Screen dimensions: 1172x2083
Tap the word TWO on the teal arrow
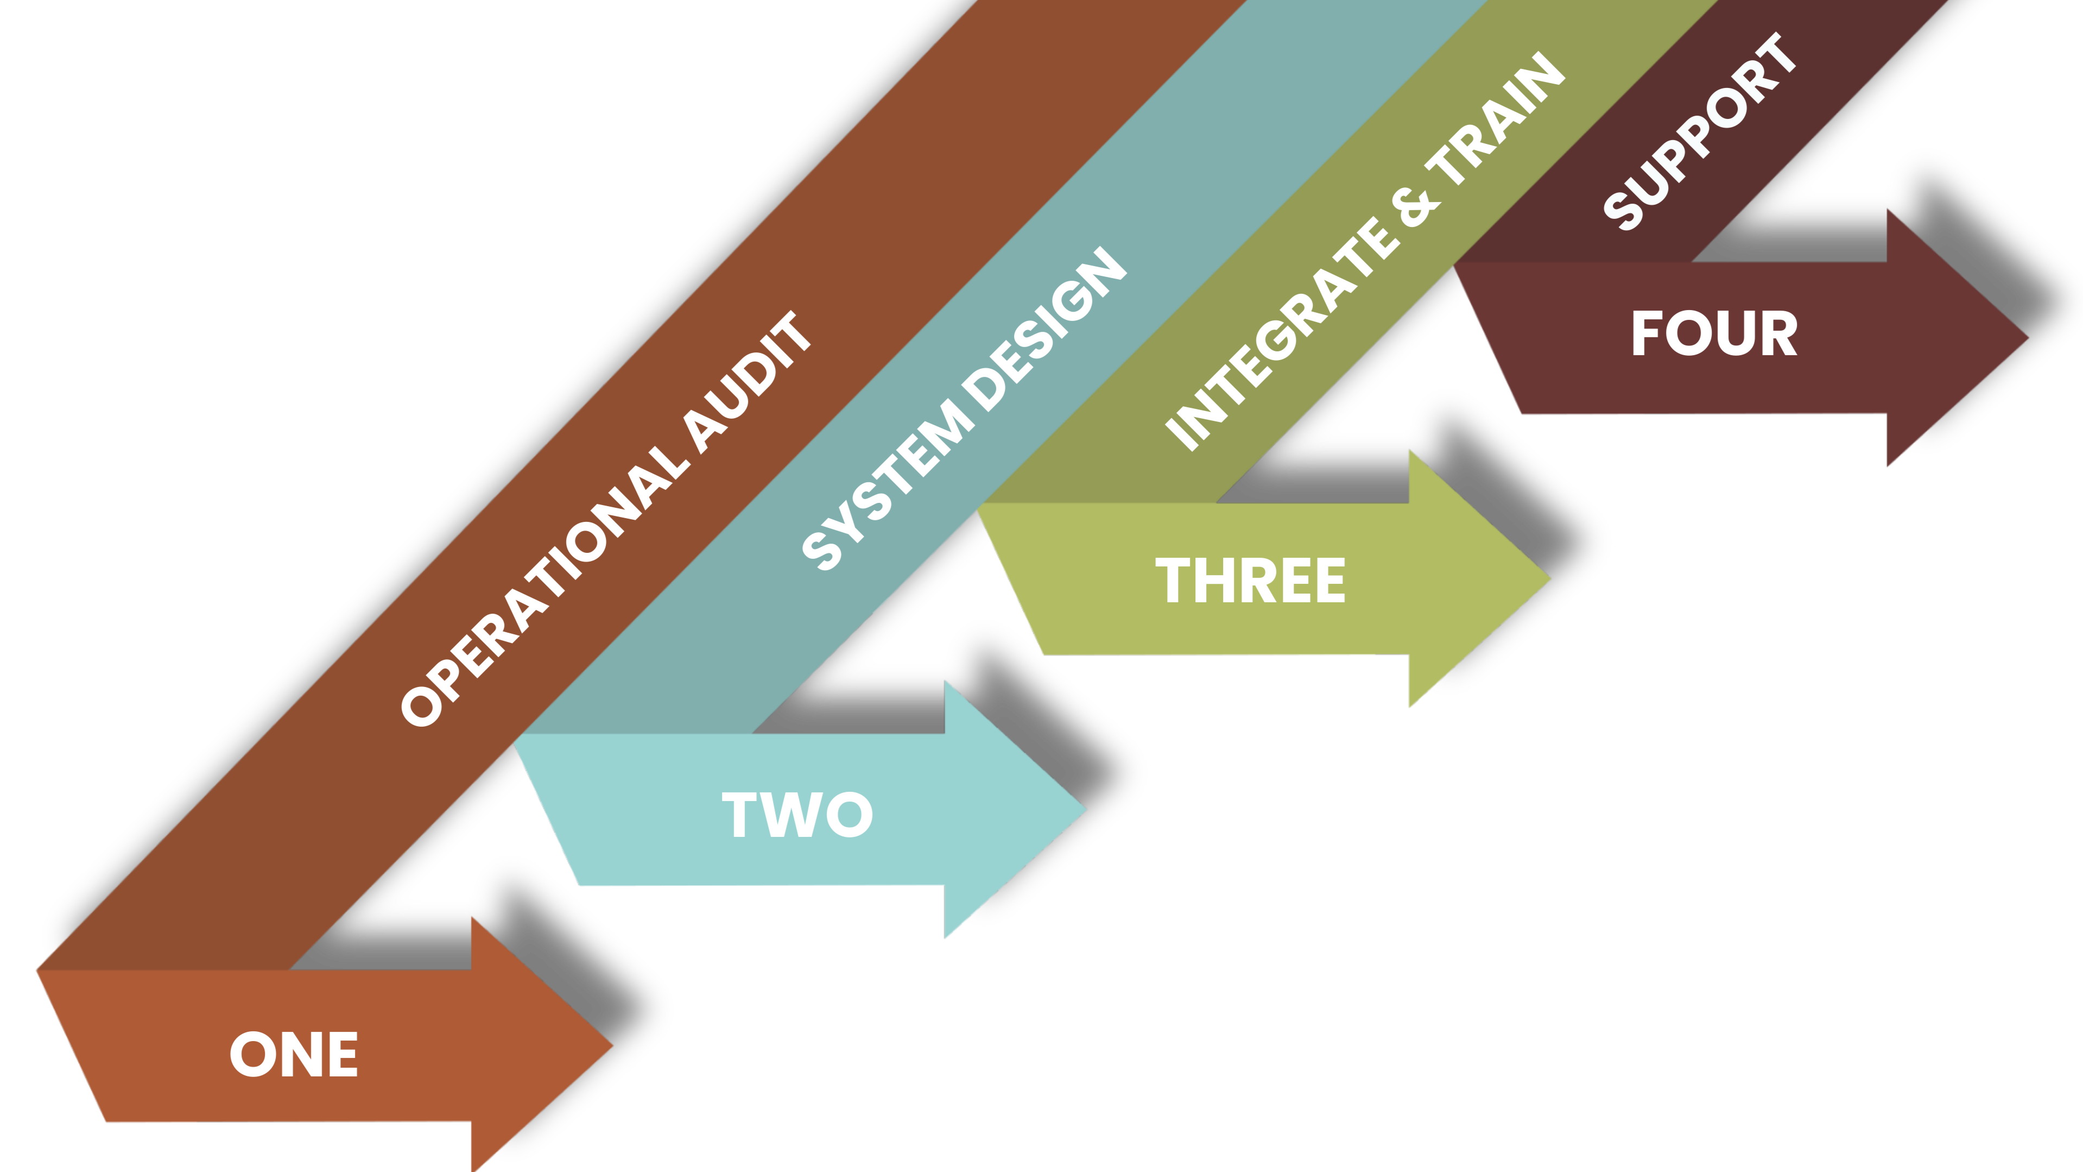coord(797,815)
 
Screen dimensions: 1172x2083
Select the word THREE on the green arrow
coord(1250,581)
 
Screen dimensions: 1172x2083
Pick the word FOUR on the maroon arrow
coord(1714,333)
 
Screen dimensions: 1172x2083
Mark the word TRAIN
coord(1497,118)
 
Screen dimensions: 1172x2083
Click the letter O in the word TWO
coord(850,815)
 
